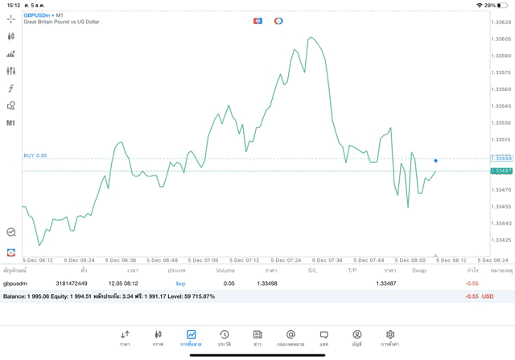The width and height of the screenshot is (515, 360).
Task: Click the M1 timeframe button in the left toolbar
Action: coord(10,123)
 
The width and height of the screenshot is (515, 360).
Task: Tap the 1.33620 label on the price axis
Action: coord(501,23)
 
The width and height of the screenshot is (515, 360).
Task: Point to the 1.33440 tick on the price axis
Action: coord(501,223)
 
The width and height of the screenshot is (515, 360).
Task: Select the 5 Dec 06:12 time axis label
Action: coord(38,260)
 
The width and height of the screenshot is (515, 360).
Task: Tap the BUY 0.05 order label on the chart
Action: coord(35,155)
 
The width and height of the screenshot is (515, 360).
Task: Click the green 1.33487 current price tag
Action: coord(501,171)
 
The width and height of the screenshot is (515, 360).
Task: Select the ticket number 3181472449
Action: coord(72,283)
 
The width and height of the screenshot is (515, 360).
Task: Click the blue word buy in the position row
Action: coord(180,283)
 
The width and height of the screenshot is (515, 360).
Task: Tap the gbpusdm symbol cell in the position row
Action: coord(15,283)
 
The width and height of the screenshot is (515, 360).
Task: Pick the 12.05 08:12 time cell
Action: coord(123,283)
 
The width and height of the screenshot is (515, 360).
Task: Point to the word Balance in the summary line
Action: coord(14,296)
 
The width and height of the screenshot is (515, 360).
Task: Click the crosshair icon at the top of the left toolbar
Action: coord(10,19)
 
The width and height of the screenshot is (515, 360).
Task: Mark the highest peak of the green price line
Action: coord(311,37)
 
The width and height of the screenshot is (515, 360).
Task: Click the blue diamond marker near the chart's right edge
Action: coord(436,161)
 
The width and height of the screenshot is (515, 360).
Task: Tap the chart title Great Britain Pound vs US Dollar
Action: coord(61,22)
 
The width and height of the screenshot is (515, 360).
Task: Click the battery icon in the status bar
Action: coord(503,5)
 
